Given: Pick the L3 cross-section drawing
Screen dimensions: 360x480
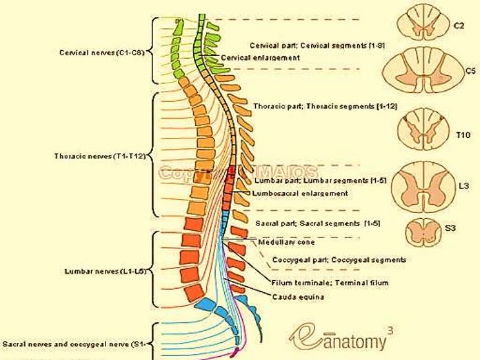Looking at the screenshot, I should coord(419,185).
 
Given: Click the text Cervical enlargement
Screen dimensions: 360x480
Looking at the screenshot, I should coord(260,58).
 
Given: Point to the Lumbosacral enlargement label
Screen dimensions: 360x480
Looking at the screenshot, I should coord(300,193).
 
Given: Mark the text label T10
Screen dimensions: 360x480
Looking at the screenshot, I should coord(463,135).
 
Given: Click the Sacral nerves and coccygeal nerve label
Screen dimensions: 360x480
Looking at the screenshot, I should coord(73,344).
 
